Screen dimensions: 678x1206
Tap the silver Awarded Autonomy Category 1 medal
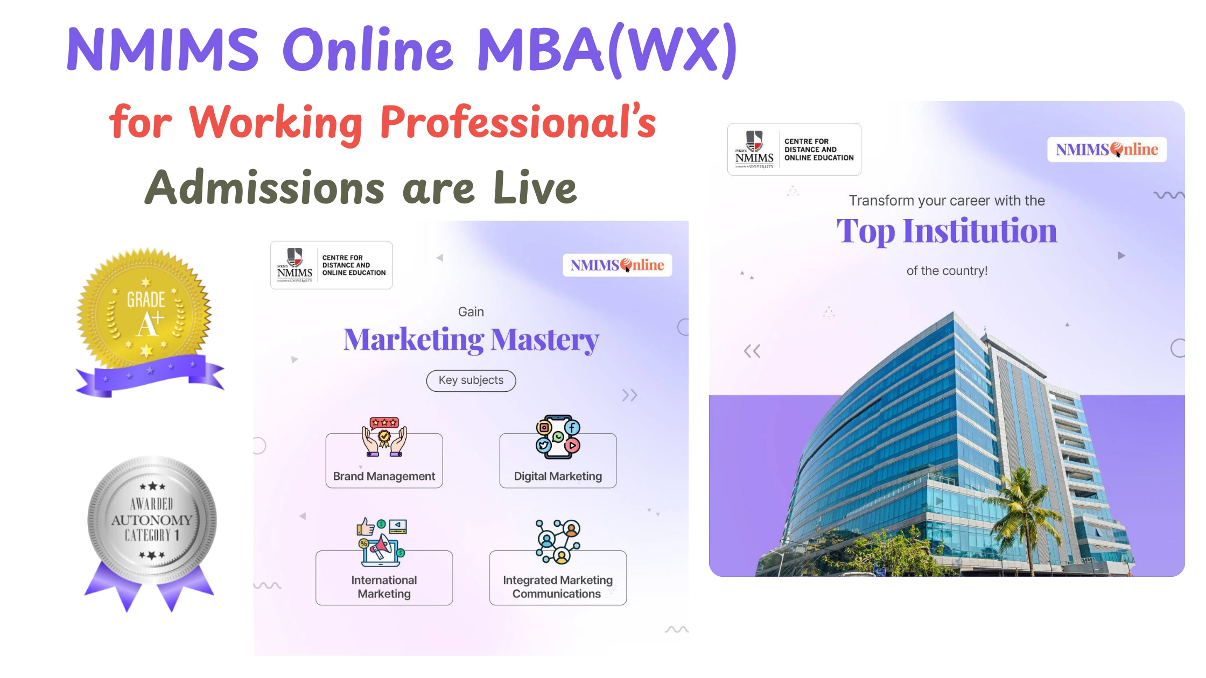[x=152, y=519]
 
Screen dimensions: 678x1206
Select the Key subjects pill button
[x=471, y=380]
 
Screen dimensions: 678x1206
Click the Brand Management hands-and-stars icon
[x=384, y=437]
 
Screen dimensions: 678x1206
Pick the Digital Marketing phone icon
[x=558, y=436]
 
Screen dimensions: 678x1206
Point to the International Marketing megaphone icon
[x=381, y=542]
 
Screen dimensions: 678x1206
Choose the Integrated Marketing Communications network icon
[x=558, y=541]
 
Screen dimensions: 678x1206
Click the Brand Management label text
[x=384, y=476]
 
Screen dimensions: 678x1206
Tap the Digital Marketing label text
[x=558, y=476]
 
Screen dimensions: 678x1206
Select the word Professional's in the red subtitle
[x=518, y=123]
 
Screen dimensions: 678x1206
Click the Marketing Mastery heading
[x=471, y=340]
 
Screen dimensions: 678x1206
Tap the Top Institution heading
[x=946, y=231]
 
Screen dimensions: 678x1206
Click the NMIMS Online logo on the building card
[x=1106, y=149]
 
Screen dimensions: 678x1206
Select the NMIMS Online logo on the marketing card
[x=617, y=265]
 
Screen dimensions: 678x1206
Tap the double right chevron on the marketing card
[x=629, y=395]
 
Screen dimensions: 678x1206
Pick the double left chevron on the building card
[x=752, y=351]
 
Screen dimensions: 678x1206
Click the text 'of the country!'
[x=946, y=271]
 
